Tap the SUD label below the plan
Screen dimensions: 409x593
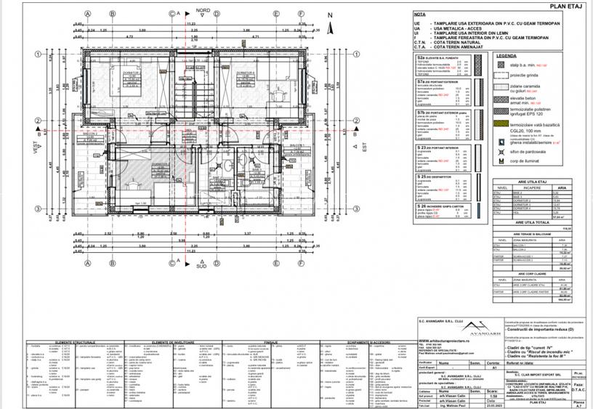point(201,265)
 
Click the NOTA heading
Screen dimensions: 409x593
point(419,13)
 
